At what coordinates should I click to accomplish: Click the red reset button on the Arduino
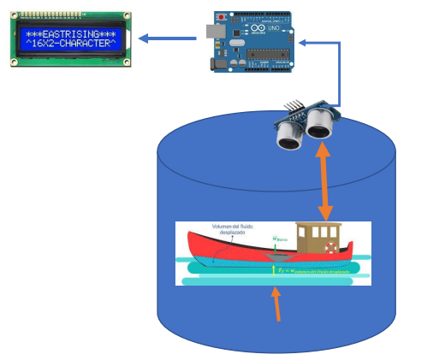click(x=223, y=18)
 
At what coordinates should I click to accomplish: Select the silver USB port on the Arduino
click(x=212, y=32)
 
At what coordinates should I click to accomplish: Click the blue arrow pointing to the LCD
click(x=167, y=38)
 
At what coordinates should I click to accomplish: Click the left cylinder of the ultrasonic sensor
click(x=288, y=135)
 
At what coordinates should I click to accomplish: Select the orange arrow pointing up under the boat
click(x=276, y=304)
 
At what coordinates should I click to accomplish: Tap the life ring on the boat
click(x=331, y=248)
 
